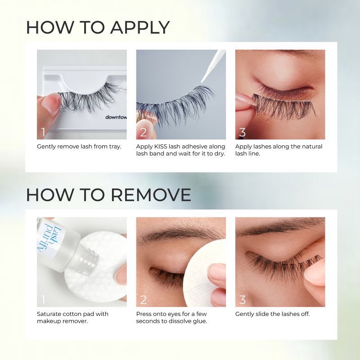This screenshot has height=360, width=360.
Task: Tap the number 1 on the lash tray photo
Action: [43, 132]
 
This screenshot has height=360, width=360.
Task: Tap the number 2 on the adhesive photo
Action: [143, 132]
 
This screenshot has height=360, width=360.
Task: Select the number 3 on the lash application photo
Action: [243, 132]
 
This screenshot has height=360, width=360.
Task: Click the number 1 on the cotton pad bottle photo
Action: [43, 300]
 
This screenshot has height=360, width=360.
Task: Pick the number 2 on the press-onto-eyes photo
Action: [143, 300]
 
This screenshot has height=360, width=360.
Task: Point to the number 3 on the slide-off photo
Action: [243, 300]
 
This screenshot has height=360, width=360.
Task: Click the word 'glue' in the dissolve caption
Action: [198, 321]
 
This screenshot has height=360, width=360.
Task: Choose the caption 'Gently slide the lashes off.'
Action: [272, 314]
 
